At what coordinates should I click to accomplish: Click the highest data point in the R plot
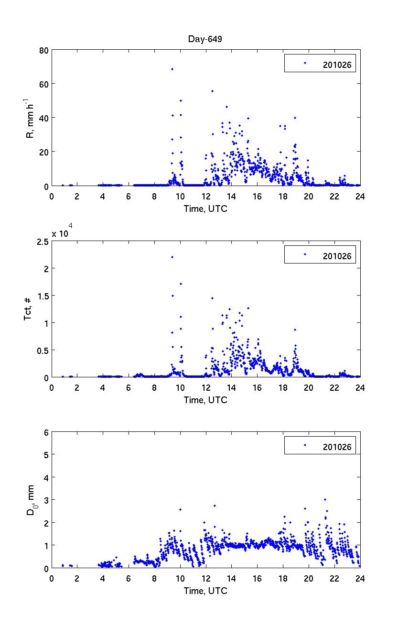pos(172,69)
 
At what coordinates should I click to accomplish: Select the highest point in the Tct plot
pos(172,257)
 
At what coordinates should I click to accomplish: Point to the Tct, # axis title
pos(28,309)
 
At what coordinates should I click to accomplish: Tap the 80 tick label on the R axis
pos(43,50)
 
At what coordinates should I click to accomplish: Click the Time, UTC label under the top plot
pos(205,209)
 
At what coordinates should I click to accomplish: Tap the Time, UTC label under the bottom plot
pos(205,591)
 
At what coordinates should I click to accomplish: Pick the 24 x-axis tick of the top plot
pos(360,196)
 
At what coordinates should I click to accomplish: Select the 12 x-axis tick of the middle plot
pos(205,387)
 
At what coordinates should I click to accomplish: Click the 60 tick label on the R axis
pos(43,84)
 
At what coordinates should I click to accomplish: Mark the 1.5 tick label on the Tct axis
pos(42,296)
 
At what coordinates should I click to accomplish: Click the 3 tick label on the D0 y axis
pos(46,500)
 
